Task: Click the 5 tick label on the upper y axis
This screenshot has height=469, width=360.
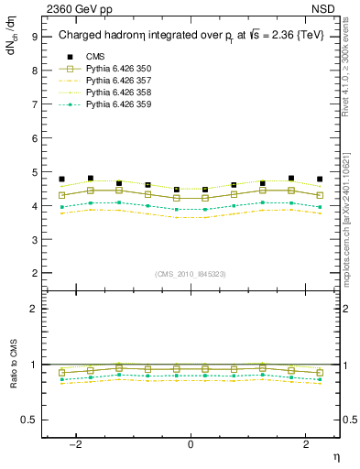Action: (34, 172)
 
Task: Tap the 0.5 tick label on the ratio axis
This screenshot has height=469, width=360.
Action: (28, 420)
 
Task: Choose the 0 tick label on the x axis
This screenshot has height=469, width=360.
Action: (191, 444)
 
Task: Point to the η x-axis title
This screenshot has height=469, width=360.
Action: (335, 455)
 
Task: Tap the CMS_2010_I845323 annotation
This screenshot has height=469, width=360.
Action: (191, 274)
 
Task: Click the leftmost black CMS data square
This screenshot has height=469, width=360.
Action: (61, 180)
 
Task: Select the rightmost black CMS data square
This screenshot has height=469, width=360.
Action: (320, 180)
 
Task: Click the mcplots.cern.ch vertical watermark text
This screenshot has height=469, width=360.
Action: (351, 220)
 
